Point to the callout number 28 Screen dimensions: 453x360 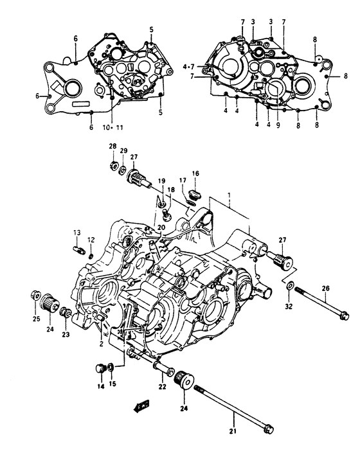[113, 147]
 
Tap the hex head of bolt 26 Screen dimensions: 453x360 [344, 315]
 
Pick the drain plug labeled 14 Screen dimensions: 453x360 [100, 368]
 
